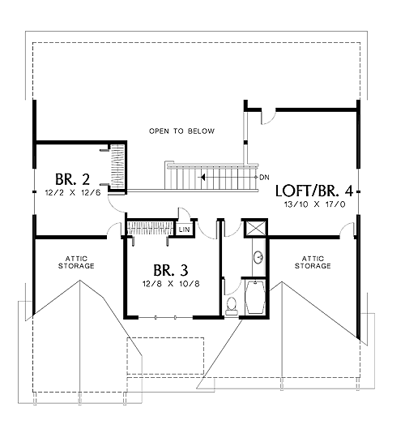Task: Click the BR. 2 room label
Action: tap(72, 179)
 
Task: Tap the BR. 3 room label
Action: tap(171, 270)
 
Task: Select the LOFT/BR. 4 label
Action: tap(314, 191)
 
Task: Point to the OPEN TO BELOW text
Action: tap(181, 131)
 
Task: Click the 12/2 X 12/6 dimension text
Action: tap(73, 193)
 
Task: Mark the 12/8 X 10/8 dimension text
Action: tap(171, 284)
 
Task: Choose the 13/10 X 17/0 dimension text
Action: tap(314, 204)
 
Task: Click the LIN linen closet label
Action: tap(185, 230)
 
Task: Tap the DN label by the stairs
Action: tap(264, 178)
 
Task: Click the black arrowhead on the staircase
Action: tap(202, 178)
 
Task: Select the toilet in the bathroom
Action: tap(232, 306)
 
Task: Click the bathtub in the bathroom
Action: tap(255, 297)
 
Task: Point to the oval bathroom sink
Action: tap(258, 257)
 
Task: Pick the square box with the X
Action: tap(255, 229)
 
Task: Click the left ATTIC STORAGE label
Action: tap(76, 262)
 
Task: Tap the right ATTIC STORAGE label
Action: tap(313, 262)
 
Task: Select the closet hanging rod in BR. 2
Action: tap(117, 167)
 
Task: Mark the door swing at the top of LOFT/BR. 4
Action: tap(268, 118)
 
